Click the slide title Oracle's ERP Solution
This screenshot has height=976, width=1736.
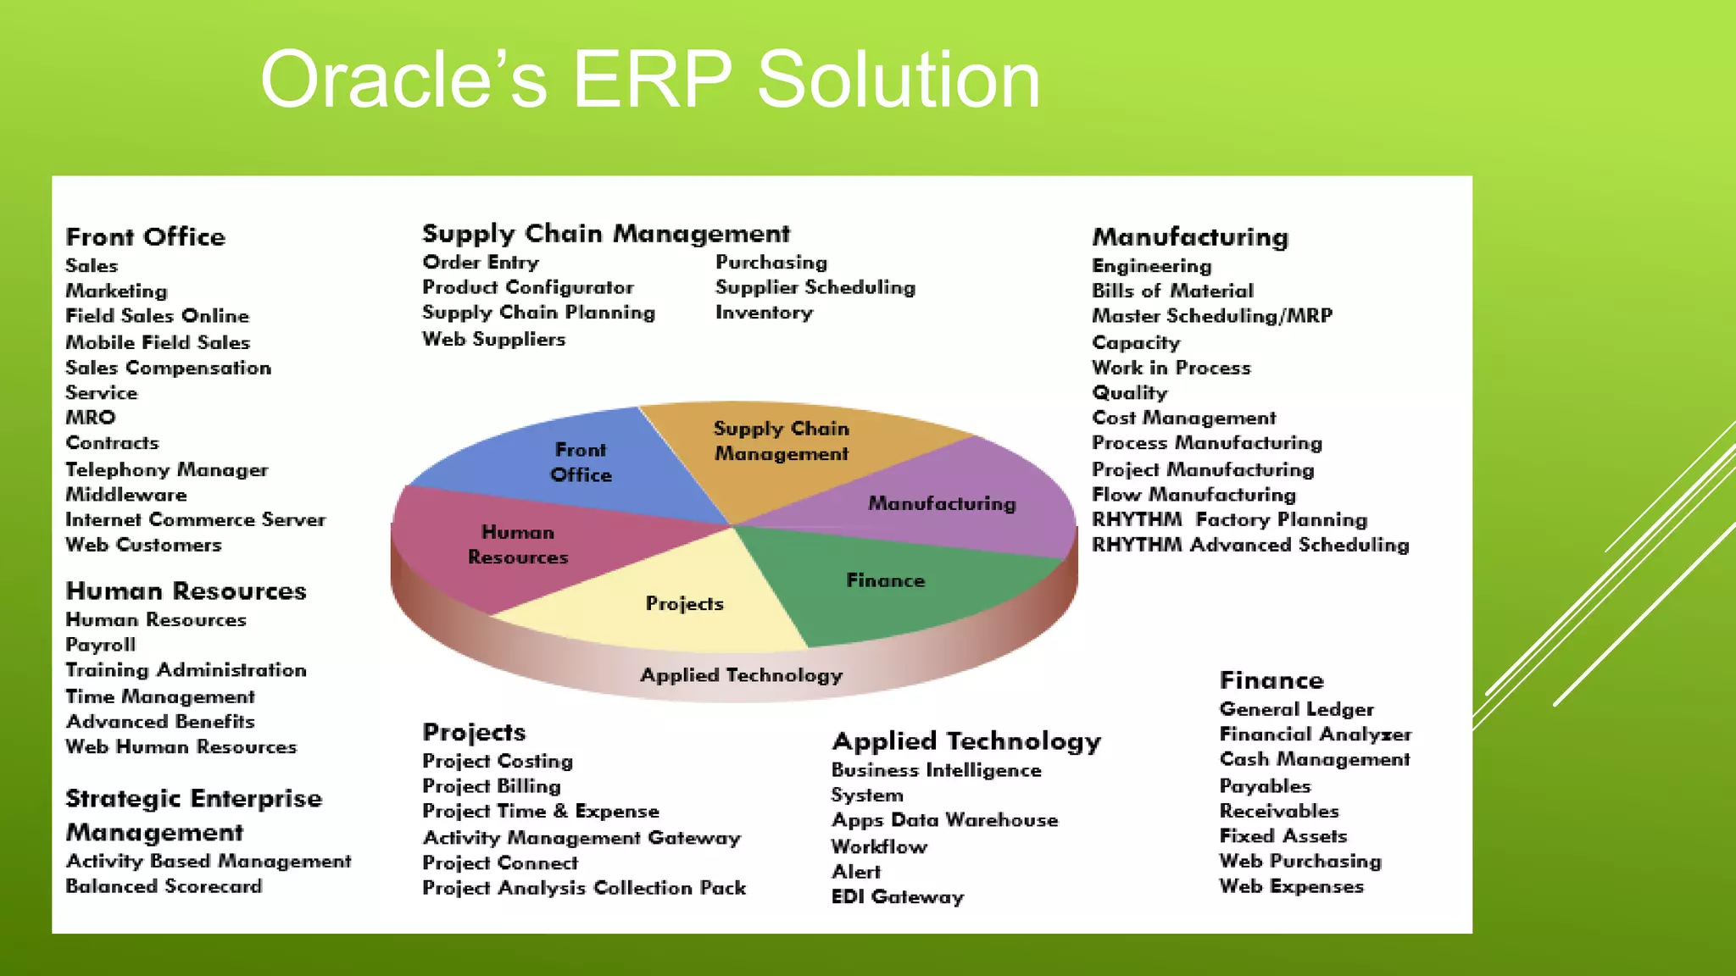[649, 80]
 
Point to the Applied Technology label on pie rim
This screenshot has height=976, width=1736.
[741, 675]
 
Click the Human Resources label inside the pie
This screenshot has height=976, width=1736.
[518, 545]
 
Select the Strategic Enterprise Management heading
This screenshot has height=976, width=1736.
[193, 814]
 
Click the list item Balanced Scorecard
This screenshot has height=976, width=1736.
[164, 886]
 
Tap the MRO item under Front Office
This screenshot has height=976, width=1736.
[91, 418]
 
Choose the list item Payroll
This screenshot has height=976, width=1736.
[100, 645]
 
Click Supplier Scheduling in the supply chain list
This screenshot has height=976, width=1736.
[815, 287]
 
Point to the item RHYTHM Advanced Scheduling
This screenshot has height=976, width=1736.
[1249, 545]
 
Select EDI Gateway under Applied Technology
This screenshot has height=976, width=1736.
[897, 896]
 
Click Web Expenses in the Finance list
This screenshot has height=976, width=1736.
[1291, 886]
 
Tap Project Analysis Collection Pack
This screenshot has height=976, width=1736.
[584, 888]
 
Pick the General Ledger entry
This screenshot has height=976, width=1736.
[1296, 709]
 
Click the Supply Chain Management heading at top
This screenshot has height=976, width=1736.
[605, 233]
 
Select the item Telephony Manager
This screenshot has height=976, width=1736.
[166, 469]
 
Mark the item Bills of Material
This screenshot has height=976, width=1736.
[1171, 291]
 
